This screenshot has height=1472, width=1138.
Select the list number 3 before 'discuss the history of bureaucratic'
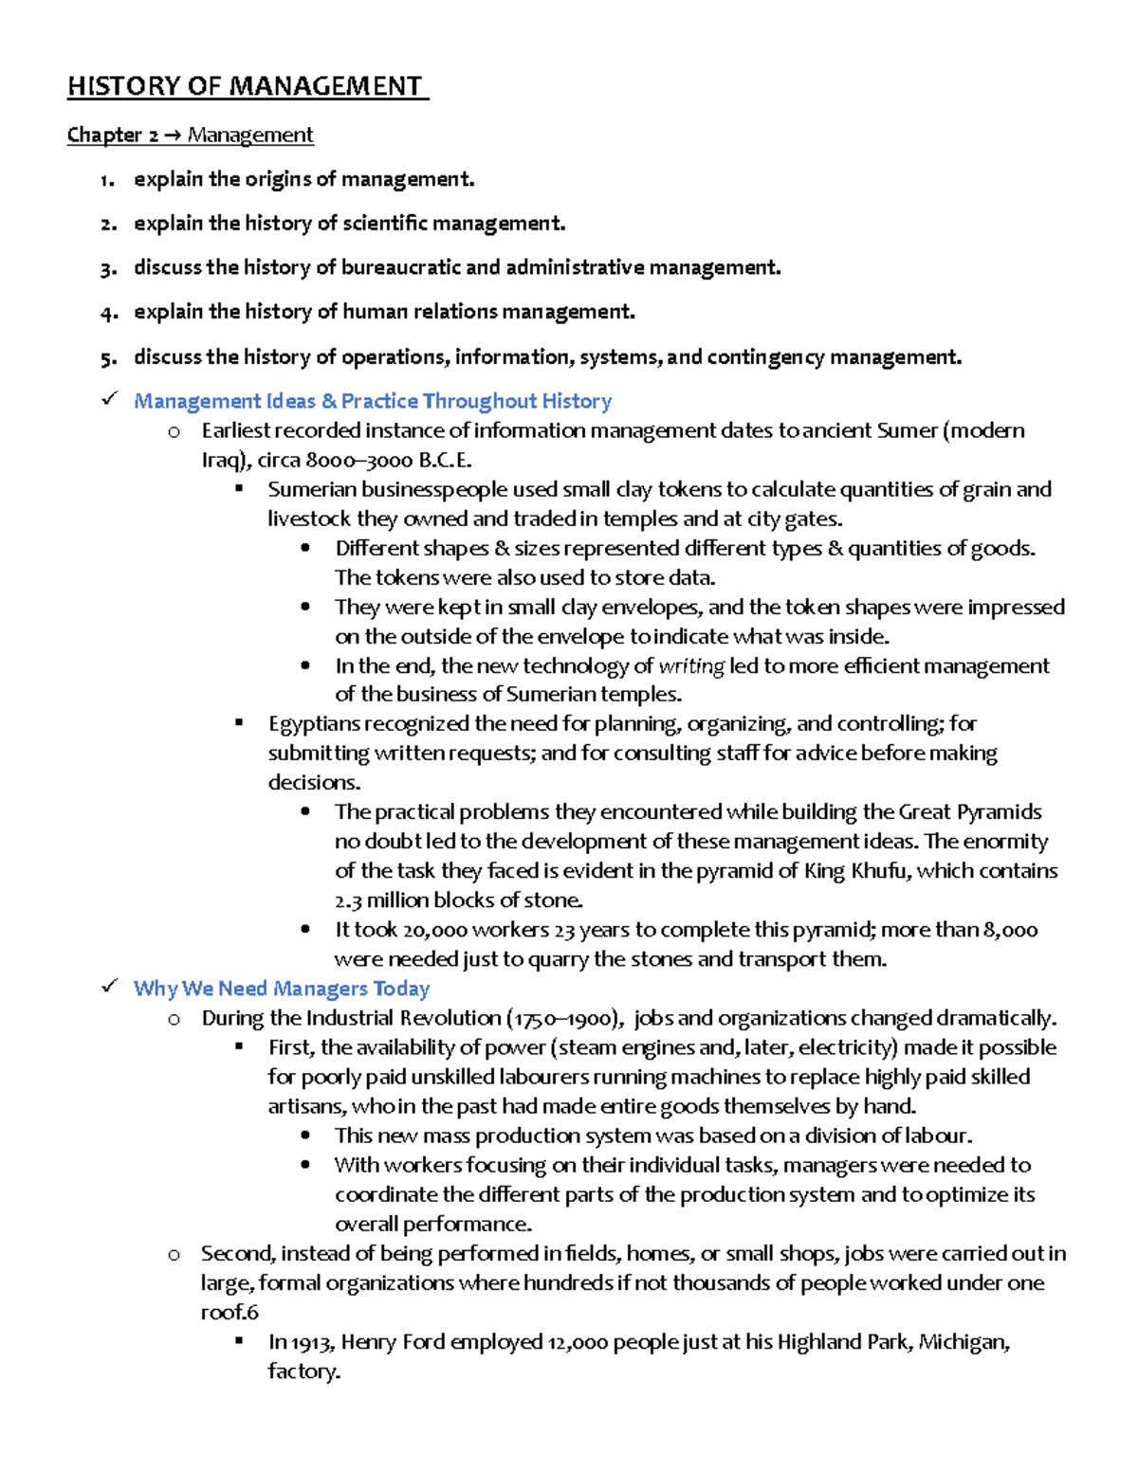click(107, 269)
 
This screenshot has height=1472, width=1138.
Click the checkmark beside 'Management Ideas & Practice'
click(109, 399)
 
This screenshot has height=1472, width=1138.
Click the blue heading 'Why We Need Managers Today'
click(281, 989)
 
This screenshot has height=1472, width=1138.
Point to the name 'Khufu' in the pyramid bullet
click(878, 871)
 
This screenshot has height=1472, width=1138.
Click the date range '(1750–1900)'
click(565, 1018)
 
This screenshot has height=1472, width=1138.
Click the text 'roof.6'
click(229, 1312)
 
